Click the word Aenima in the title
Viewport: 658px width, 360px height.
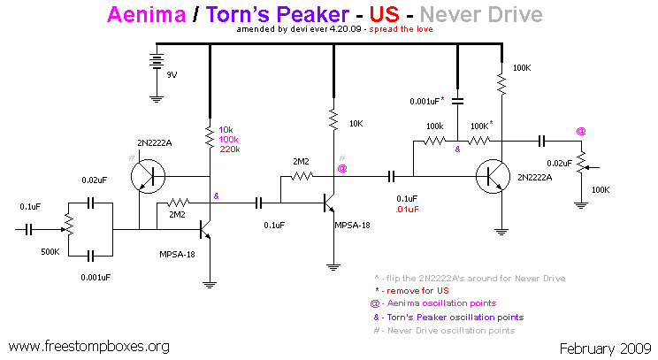145,14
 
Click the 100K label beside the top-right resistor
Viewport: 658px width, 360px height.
521,67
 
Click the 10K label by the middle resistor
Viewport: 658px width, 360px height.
356,124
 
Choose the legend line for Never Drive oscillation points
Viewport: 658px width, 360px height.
451,331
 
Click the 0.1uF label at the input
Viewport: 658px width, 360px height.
30,207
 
